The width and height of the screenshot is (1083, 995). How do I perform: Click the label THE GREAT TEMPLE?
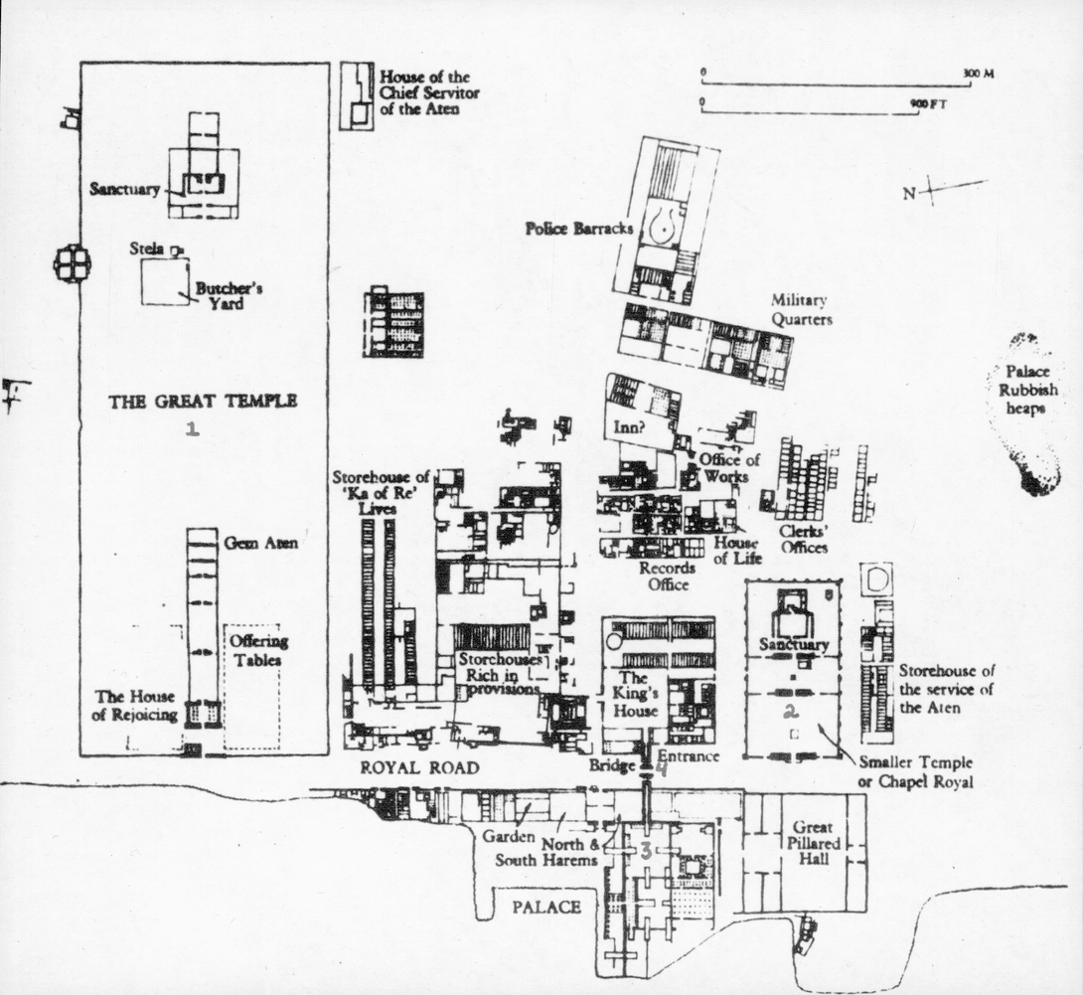coord(203,402)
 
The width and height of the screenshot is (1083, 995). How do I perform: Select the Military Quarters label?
coord(800,309)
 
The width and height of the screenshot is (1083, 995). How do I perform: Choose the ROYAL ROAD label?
coord(419,767)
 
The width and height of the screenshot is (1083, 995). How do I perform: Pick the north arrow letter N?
coord(908,194)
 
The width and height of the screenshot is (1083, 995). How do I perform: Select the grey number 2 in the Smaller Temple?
coord(791,710)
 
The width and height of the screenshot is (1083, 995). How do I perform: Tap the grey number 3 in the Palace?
coord(645,850)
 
